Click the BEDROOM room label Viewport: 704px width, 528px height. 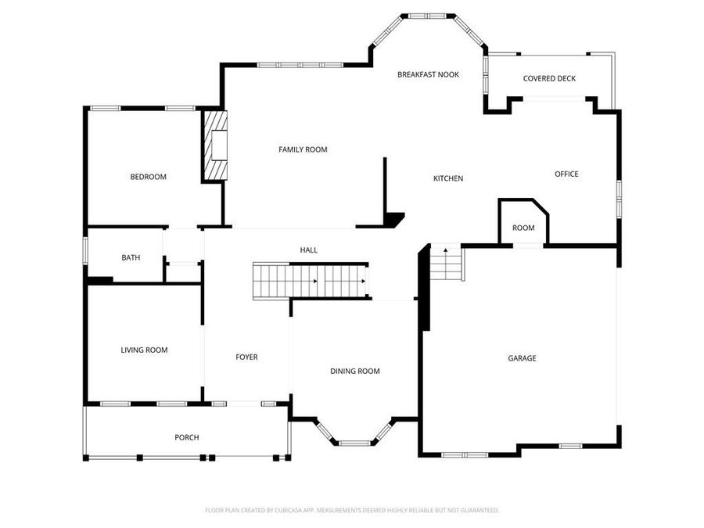tap(148, 177)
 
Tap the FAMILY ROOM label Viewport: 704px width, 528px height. tap(303, 149)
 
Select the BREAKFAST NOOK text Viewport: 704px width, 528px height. tap(428, 74)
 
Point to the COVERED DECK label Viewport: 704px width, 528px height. tap(549, 78)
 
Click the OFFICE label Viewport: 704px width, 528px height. tap(566, 174)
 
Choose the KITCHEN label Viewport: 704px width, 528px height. tap(448, 178)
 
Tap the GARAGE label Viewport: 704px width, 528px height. tap(522, 358)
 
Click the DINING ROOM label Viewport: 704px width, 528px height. tap(354, 371)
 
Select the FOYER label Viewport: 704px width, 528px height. tap(246, 357)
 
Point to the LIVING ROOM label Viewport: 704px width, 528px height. tap(144, 350)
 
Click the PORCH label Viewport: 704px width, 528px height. tap(186, 437)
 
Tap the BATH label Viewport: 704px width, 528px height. tap(131, 257)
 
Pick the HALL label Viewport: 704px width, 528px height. tap(309, 250)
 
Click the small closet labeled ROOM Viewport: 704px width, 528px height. tap(523, 228)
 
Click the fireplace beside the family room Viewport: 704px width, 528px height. tap(215, 145)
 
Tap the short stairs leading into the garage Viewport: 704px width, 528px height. tap(447, 264)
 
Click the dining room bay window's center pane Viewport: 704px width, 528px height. tap(354, 443)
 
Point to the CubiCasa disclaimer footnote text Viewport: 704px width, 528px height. tap(351, 510)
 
